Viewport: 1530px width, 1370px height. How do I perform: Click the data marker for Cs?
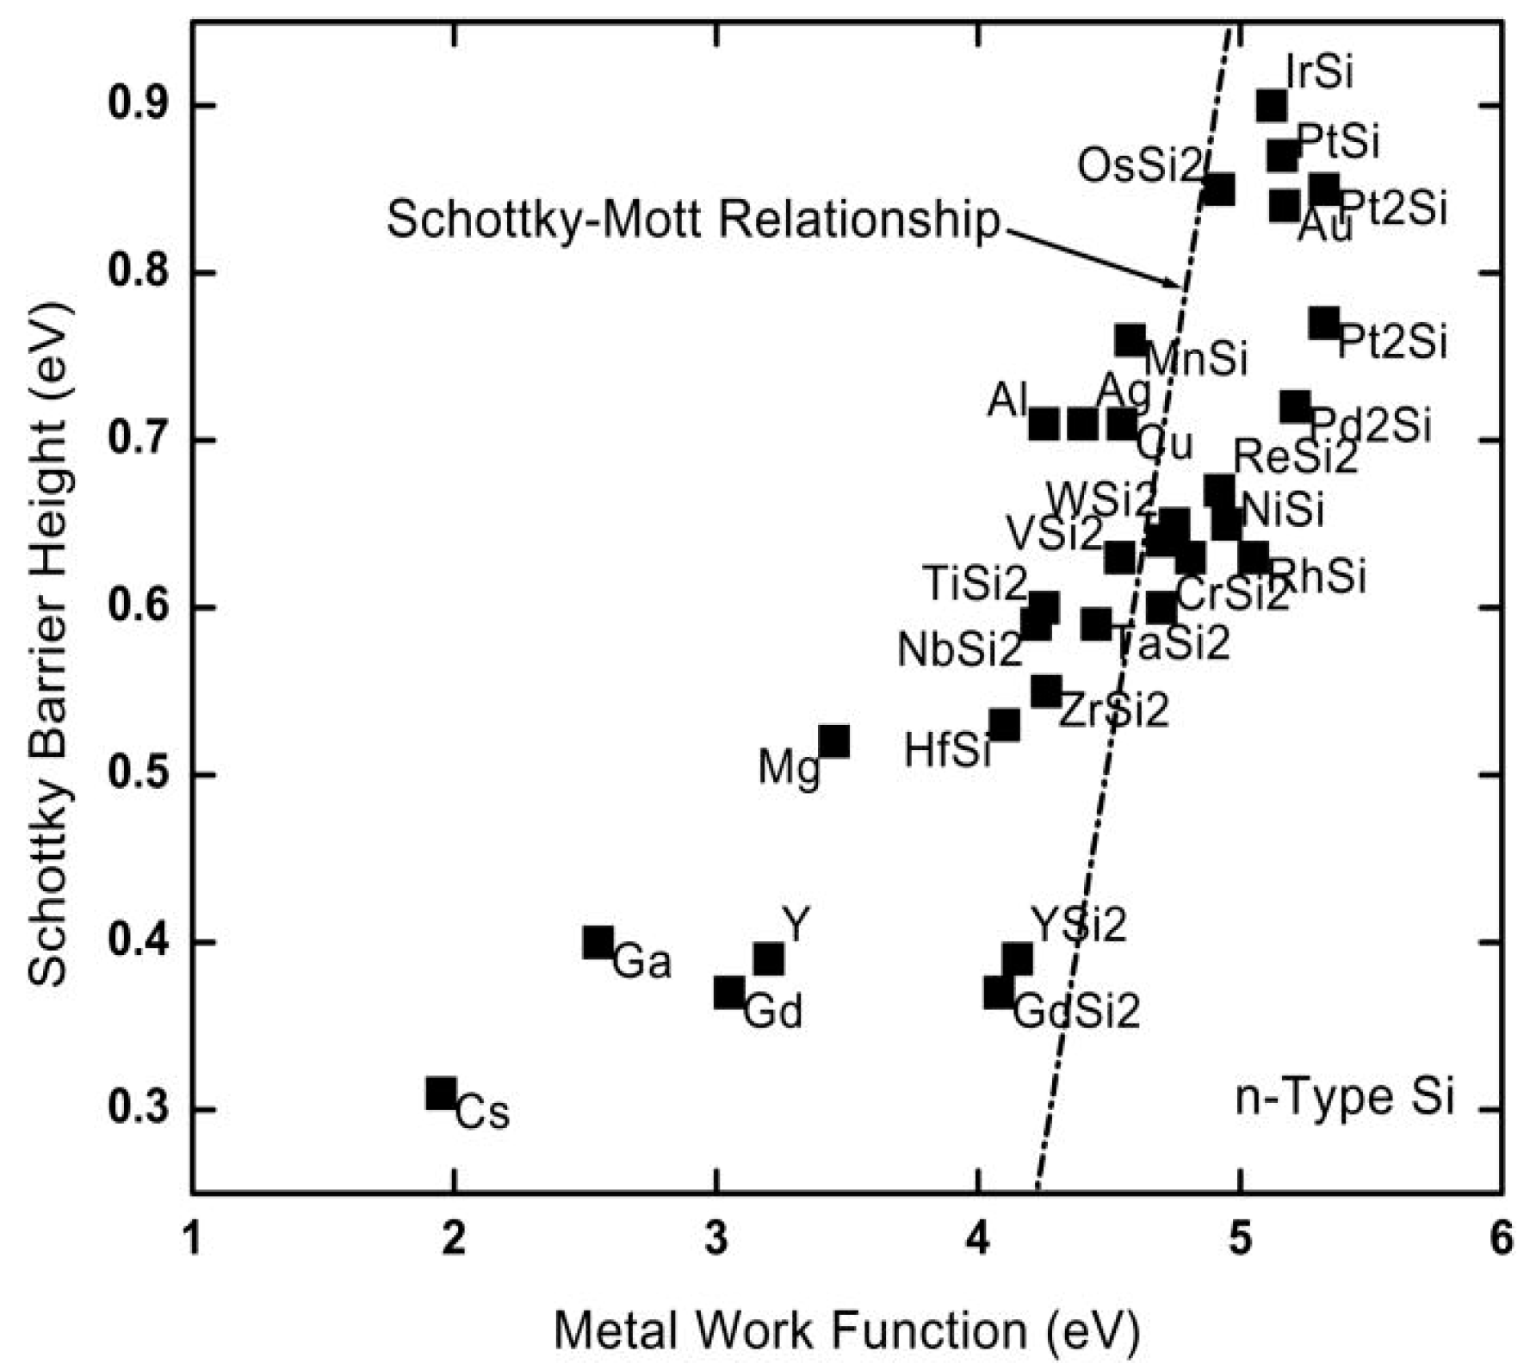pyautogui.click(x=440, y=1094)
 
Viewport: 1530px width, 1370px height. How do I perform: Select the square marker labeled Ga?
pyautogui.click(x=598, y=943)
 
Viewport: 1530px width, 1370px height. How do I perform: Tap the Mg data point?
pyautogui.click(x=833, y=741)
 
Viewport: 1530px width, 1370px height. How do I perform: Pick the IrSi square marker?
pyautogui.click(x=1272, y=106)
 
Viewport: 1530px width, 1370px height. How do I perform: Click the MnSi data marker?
pyautogui.click(x=1130, y=341)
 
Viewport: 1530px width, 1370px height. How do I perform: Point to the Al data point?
pyautogui.click(x=1044, y=424)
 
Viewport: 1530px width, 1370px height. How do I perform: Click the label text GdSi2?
pyautogui.click(x=1076, y=1010)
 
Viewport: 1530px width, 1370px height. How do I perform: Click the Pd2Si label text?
pyautogui.click(x=1371, y=425)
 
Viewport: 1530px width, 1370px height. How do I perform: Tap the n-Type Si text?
pyautogui.click(x=1344, y=1098)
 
